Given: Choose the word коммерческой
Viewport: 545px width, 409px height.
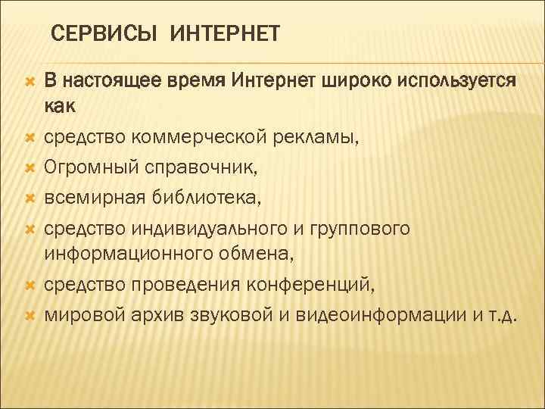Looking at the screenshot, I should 185,139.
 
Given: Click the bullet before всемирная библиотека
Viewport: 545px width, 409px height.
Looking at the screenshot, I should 29,198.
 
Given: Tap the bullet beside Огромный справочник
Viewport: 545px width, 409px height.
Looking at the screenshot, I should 29,167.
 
